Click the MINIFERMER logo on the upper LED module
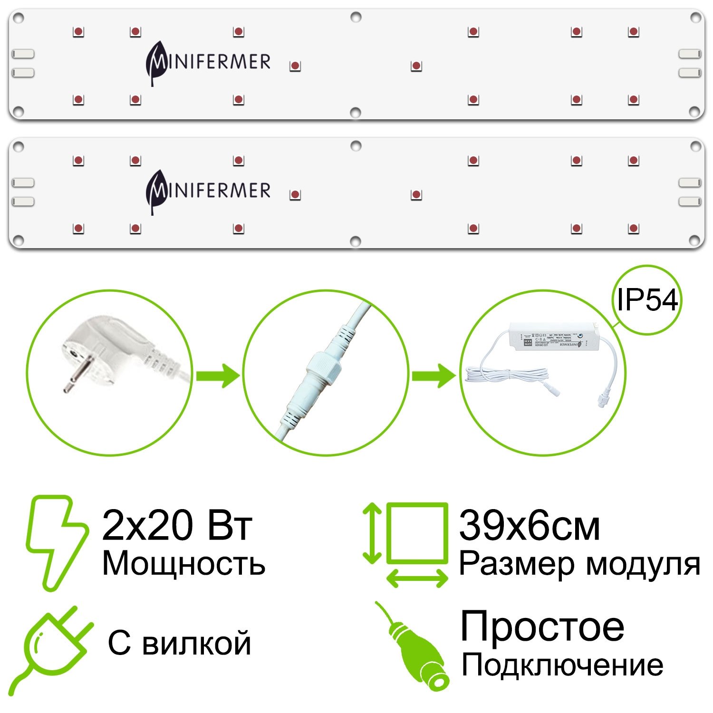point(208,63)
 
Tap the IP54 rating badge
point(647,300)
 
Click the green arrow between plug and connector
point(218,376)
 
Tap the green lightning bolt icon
point(56,542)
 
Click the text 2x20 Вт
point(177,526)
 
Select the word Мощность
point(183,564)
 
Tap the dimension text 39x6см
point(529,526)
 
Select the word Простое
point(542,627)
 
